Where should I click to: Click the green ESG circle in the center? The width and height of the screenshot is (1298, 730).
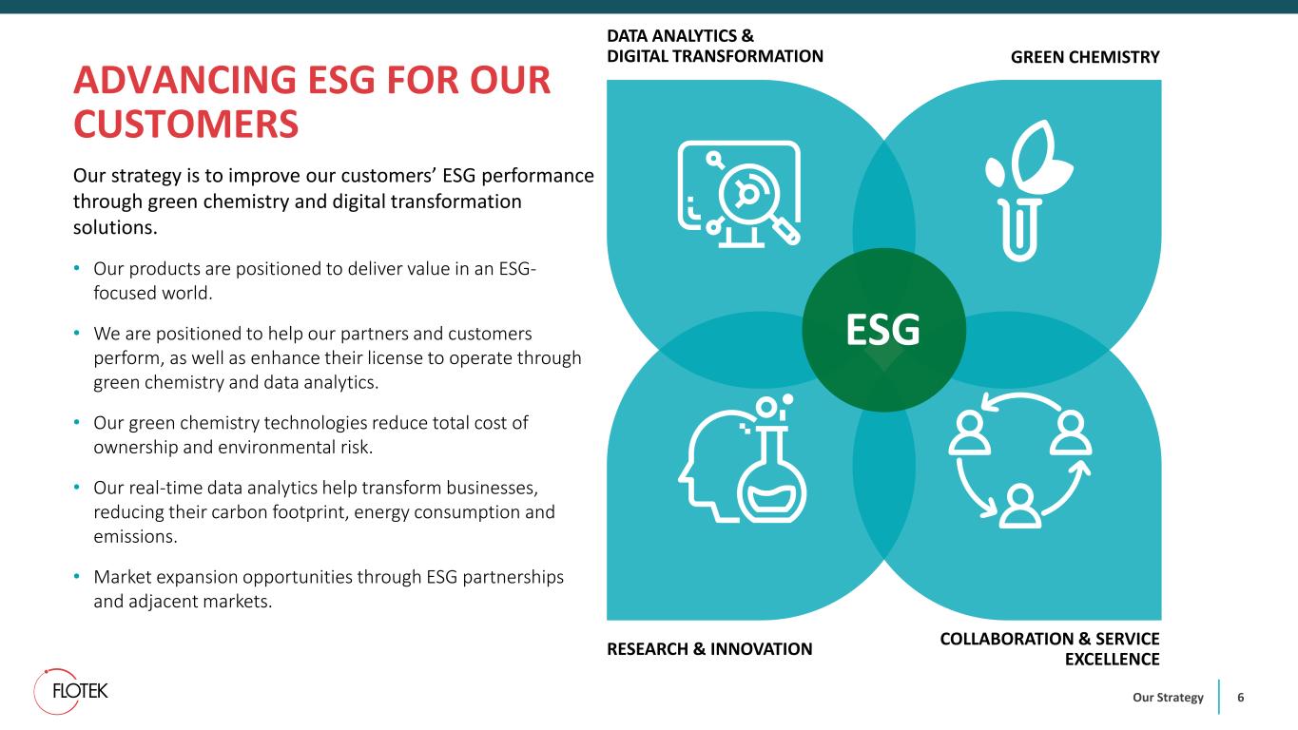pos(883,330)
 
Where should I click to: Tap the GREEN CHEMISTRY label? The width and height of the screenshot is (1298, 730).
pos(1085,57)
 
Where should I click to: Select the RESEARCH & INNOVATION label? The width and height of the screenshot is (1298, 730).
pos(709,649)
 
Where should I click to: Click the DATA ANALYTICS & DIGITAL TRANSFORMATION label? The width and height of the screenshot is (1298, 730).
pos(714,46)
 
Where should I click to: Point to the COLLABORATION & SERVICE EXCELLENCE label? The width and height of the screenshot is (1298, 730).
pos(1050,649)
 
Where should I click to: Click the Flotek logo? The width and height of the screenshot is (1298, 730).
pos(70,691)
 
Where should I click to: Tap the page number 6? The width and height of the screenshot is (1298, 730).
pos(1241,697)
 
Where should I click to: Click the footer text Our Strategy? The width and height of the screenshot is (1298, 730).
pos(1168,698)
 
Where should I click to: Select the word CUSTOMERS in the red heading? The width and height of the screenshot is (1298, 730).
pos(186,124)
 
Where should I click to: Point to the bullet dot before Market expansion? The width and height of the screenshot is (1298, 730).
pos(76,576)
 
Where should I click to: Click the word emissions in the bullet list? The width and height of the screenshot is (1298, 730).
pos(135,536)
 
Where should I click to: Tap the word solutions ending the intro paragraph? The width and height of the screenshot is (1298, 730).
pos(115,227)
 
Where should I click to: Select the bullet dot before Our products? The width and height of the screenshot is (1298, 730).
pos(76,268)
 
